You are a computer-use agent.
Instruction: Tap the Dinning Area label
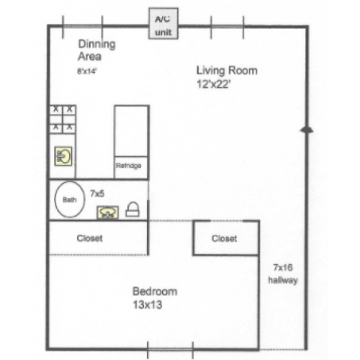96,50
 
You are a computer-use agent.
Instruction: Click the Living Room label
226,71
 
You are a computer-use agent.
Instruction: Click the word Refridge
131,166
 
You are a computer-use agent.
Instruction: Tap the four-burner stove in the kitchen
62,118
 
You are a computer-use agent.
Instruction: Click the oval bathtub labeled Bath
69,201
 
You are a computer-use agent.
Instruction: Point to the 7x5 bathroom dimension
97,193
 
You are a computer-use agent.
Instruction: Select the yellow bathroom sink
108,212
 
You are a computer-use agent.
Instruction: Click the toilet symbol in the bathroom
132,210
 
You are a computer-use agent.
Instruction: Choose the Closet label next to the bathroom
90,238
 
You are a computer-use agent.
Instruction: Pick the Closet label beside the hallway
225,238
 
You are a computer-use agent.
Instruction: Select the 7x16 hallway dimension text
281,266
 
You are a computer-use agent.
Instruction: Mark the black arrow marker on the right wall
305,129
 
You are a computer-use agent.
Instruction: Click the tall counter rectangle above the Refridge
131,130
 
